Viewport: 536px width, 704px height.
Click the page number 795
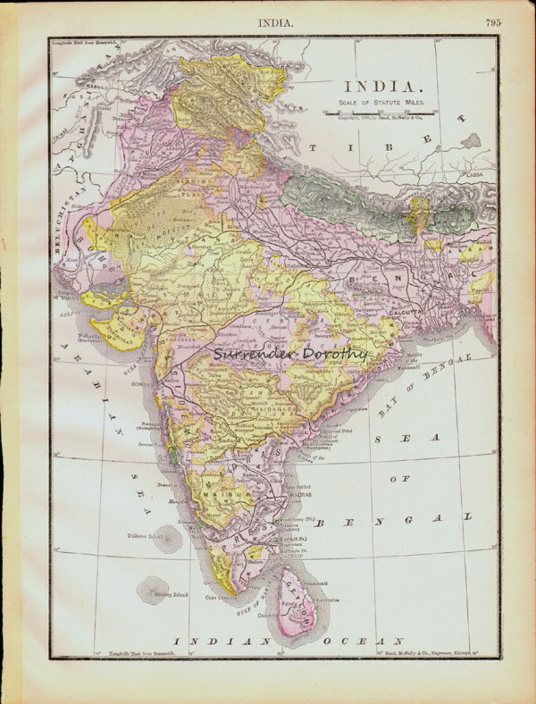(492, 22)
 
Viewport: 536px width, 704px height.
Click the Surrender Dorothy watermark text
(290, 354)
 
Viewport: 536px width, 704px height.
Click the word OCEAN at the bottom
(363, 641)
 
